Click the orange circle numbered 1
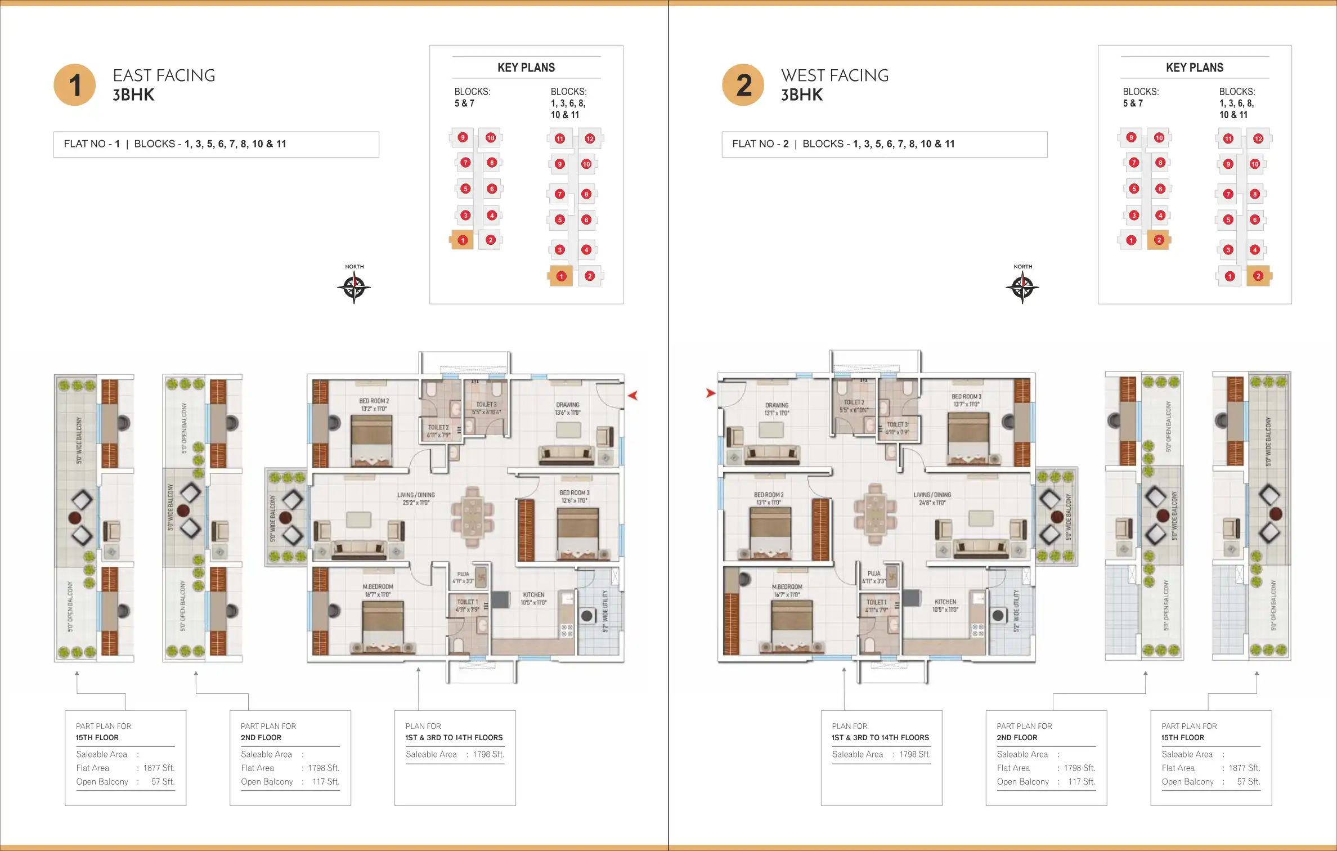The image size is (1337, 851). coord(75,85)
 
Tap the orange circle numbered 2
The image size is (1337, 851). coord(743,85)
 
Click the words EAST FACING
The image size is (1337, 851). coord(164,75)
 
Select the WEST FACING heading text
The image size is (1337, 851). coord(834,75)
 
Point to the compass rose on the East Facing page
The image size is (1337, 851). coord(354,288)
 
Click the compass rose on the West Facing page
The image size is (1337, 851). coord(1022,288)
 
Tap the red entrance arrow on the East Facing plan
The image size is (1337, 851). coord(633,396)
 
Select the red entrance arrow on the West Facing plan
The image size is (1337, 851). coord(711,393)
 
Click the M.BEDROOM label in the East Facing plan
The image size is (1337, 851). coord(378,587)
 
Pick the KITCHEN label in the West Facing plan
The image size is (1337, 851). coord(945,602)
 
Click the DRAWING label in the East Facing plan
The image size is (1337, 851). coord(567,405)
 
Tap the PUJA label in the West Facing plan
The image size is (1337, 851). coord(873,574)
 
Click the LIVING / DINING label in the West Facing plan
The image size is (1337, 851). coord(931,495)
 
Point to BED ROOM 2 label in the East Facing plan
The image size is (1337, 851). coord(374,401)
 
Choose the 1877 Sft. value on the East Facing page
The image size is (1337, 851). coord(159,768)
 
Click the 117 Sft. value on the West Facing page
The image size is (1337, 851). coord(1082,782)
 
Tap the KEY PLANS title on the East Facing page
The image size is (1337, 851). coord(526,68)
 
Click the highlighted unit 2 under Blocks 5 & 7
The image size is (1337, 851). coord(1159,240)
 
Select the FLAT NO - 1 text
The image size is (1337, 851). coord(92,144)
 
